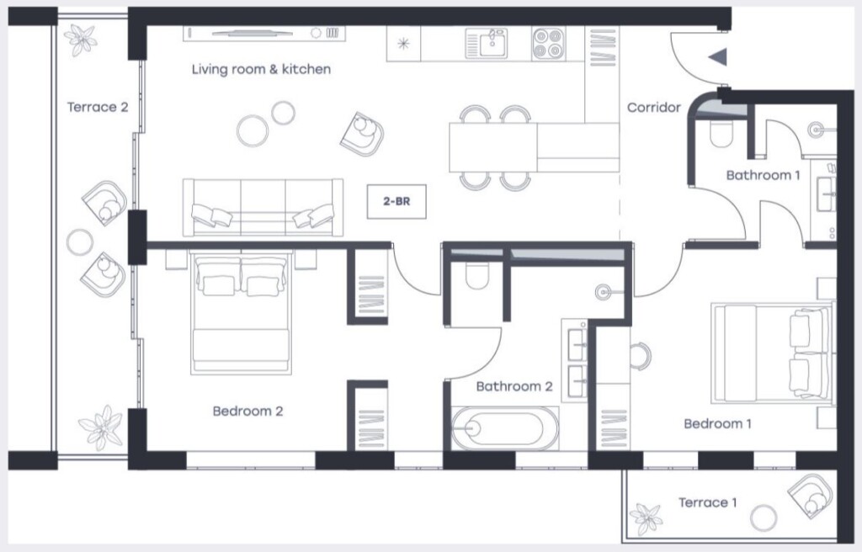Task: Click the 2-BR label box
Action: click(396, 201)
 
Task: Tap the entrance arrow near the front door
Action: click(719, 56)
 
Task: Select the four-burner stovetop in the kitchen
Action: click(548, 44)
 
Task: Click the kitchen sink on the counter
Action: click(487, 44)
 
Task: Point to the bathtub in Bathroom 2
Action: click(505, 427)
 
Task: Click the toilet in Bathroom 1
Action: click(721, 134)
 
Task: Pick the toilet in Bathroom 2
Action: click(476, 276)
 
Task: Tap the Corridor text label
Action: click(653, 107)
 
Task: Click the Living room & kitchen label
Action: click(261, 69)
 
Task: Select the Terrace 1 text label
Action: click(707, 502)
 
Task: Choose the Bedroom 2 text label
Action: click(247, 411)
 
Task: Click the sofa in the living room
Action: click(263, 207)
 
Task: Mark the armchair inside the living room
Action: click(362, 134)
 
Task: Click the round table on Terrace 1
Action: click(764, 517)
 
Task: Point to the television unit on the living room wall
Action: click(264, 33)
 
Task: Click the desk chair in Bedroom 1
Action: click(641, 356)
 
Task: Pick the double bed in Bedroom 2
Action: click(241, 312)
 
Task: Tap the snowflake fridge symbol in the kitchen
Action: click(403, 44)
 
